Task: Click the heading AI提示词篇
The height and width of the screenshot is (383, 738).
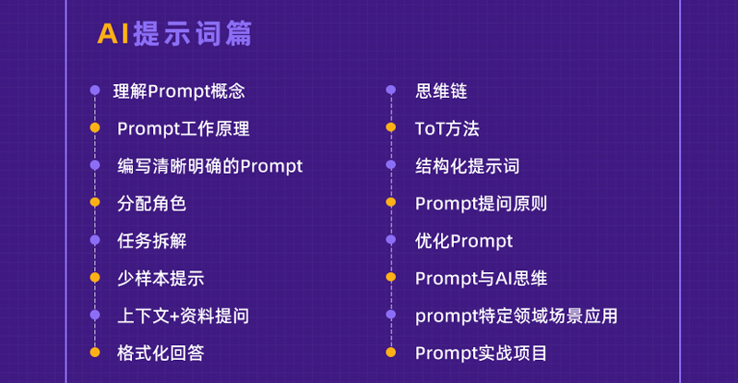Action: click(174, 33)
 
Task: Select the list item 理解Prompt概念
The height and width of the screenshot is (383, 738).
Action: click(179, 91)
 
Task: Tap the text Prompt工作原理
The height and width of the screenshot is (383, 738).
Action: click(183, 128)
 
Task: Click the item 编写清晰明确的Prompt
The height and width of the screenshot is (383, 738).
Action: click(210, 166)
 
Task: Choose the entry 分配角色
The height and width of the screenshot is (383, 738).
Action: click(151, 204)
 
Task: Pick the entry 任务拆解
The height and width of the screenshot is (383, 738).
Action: click(151, 241)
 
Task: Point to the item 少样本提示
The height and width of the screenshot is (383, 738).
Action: click(161, 279)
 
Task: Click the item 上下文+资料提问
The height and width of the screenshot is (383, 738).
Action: click(183, 316)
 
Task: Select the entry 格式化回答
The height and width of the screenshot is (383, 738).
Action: click(161, 353)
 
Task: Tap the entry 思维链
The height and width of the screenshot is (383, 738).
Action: click(441, 91)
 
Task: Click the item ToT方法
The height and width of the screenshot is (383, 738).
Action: click(447, 128)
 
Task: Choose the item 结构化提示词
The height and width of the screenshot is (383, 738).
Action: click(468, 166)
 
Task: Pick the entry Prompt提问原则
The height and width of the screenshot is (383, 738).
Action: click(481, 204)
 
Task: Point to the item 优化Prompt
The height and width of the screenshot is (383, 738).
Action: click(464, 241)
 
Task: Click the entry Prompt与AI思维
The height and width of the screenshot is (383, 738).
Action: click(481, 279)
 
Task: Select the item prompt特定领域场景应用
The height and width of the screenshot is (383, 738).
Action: click(517, 316)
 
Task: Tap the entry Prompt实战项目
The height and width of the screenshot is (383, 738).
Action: click(481, 353)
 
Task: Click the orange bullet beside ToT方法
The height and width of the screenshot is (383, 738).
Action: click(390, 127)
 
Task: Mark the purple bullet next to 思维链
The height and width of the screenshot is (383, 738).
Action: click(390, 90)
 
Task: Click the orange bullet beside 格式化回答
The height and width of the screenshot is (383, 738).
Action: click(95, 352)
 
